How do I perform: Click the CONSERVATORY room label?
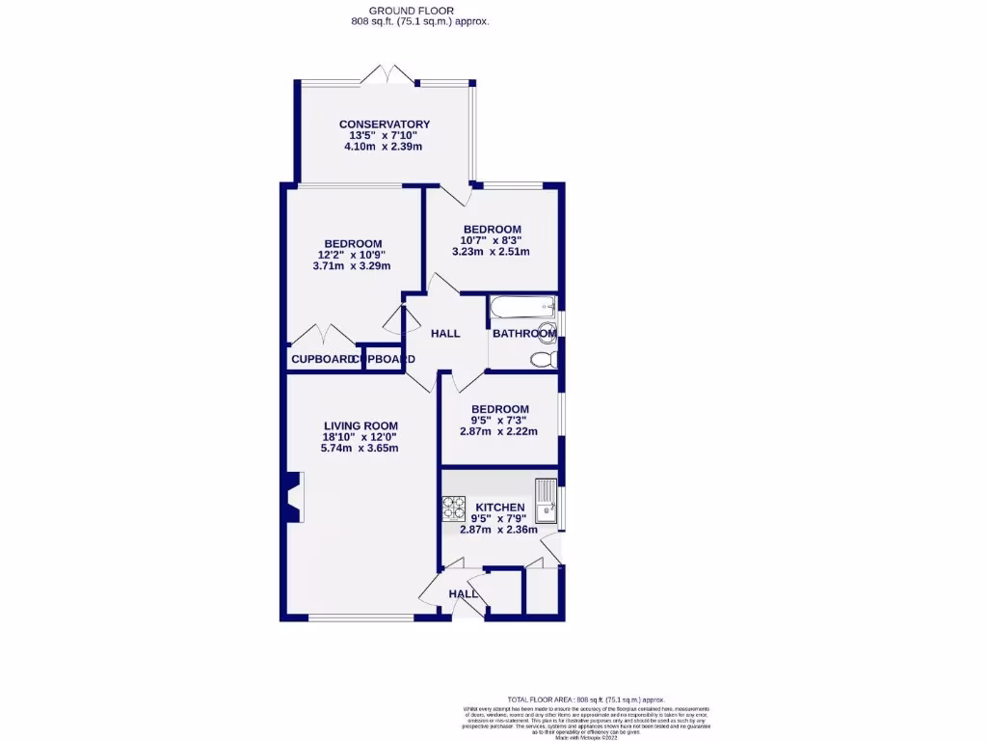coord(384,124)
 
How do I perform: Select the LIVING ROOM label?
coord(360,425)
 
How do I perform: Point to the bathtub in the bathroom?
coord(522,309)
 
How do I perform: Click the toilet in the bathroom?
coord(544,360)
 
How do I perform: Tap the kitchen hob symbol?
coord(453,508)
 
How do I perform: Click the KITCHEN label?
coord(499,508)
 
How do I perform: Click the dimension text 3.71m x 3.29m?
coord(352,266)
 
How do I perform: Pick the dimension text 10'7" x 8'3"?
coord(492,240)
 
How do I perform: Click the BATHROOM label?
coord(523,334)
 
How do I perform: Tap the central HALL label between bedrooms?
coord(445,334)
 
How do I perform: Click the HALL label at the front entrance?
coord(464,594)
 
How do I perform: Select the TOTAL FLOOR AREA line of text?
coord(586,700)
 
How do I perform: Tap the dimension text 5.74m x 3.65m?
coord(360,449)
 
